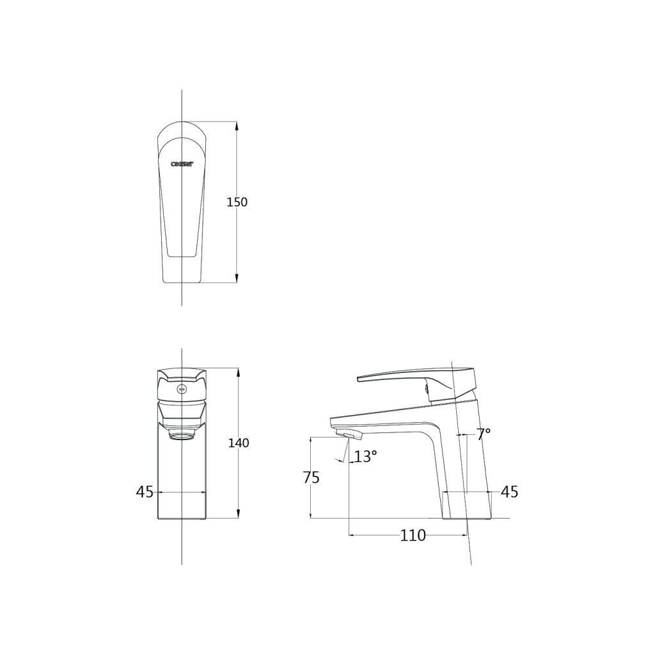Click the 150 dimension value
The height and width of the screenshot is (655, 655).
tap(237, 202)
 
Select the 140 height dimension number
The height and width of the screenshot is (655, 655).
tap(239, 443)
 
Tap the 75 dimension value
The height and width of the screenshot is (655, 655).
tap(311, 478)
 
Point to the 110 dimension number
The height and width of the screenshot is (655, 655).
tap(413, 536)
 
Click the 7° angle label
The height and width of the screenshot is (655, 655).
tap(484, 434)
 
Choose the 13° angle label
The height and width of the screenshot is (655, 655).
tap(366, 457)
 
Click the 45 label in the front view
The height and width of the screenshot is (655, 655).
tap(145, 492)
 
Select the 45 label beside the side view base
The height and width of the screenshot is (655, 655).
tap(509, 492)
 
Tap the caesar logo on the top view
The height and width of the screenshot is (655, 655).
tap(182, 164)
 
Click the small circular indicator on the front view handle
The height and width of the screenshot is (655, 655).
tap(182, 388)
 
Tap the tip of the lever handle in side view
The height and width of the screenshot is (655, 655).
tap(359, 379)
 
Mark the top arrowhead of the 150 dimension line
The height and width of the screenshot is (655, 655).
tap(237, 125)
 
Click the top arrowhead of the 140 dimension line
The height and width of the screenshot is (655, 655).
tap(239, 372)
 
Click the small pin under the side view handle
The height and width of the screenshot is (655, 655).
tap(424, 388)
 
